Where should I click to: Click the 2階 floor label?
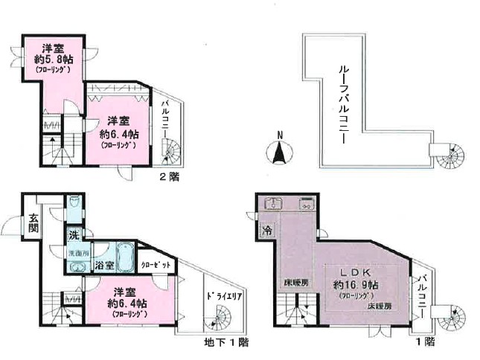tap(170, 177)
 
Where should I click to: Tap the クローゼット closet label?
tap(156, 265)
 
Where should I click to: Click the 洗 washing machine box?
tap(75, 235)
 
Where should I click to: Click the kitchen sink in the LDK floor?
tap(272, 203)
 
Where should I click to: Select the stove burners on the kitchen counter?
tap(306, 203)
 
